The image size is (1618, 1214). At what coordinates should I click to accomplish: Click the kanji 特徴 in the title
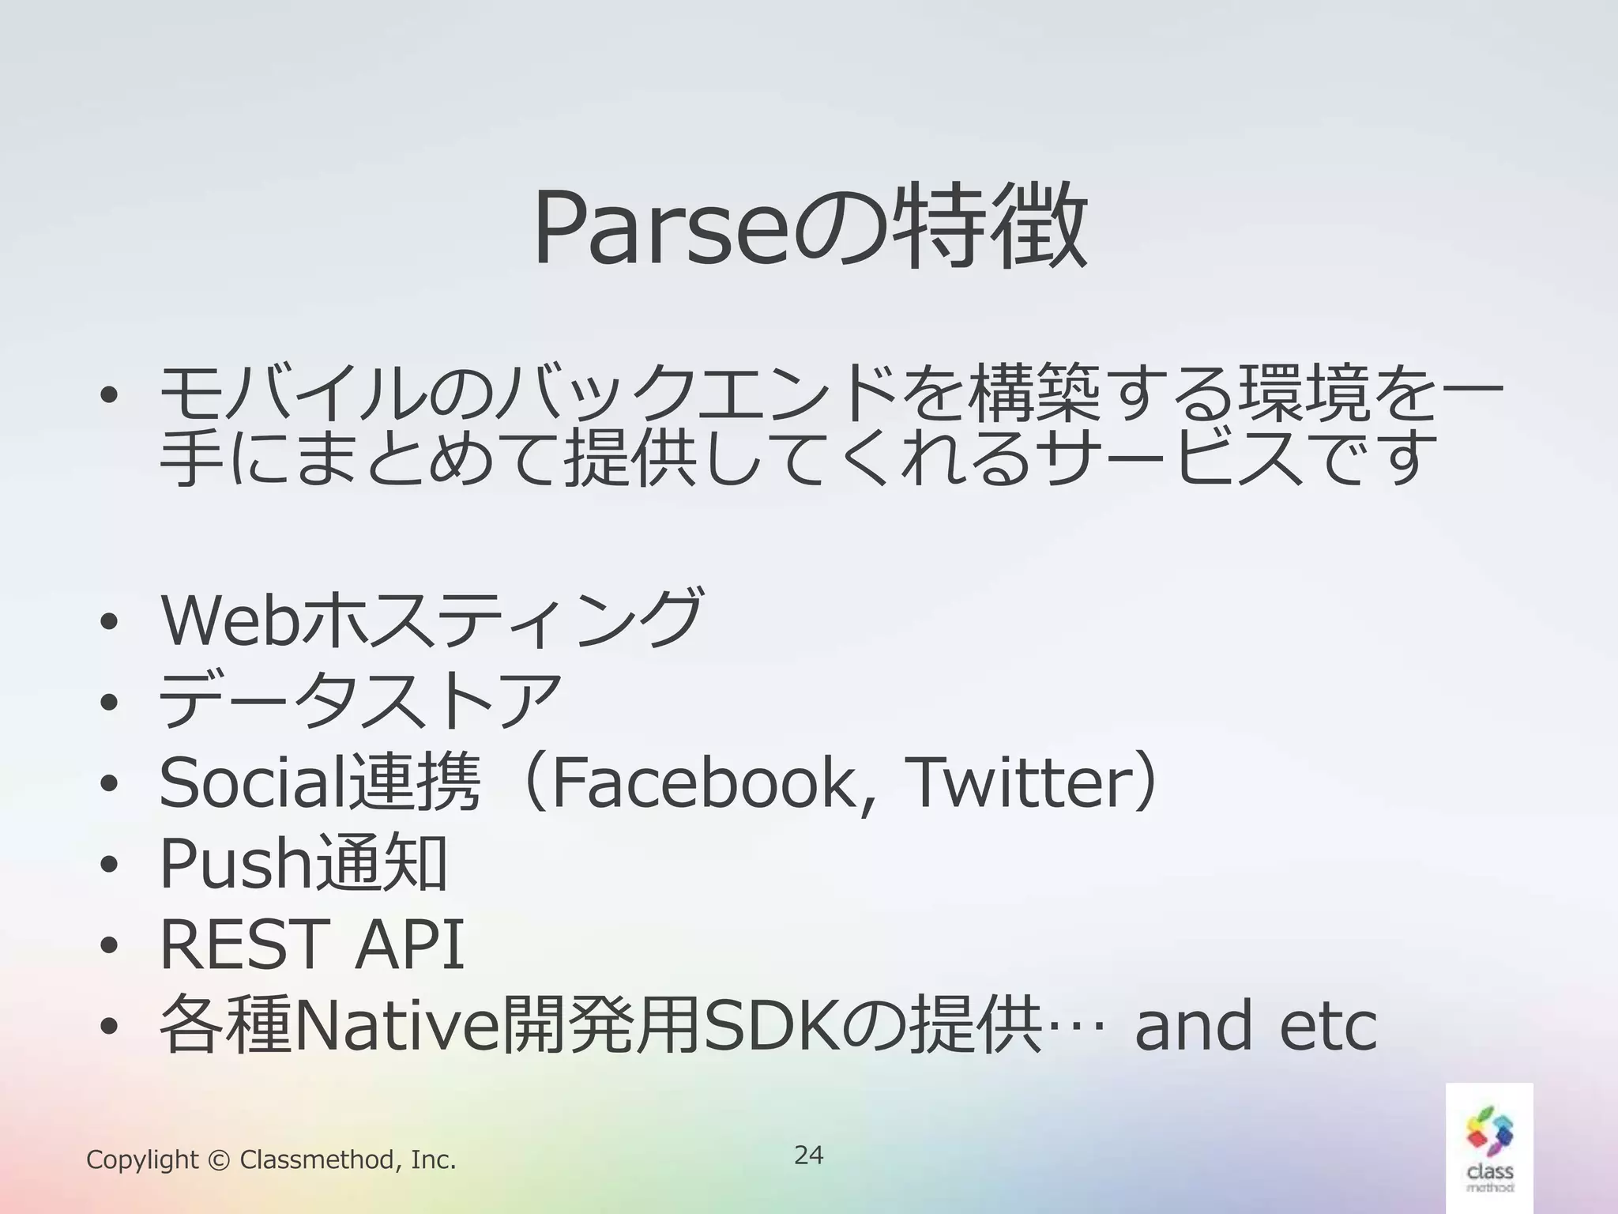click(991, 227)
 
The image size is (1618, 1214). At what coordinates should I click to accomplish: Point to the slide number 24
click(808, 1155)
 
